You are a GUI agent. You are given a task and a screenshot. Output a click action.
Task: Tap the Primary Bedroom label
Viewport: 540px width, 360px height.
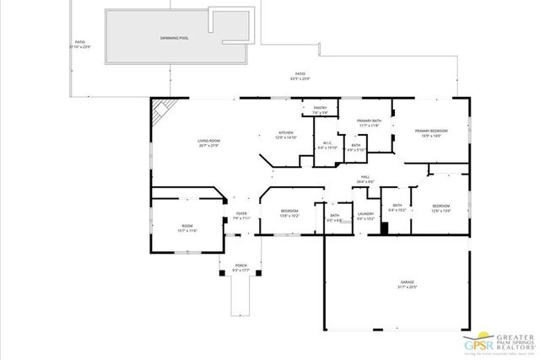pos(430,132)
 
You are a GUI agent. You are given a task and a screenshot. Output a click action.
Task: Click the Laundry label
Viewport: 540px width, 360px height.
pos(365,215)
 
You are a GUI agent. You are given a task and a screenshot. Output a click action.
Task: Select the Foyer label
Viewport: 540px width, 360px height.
pos(241,215)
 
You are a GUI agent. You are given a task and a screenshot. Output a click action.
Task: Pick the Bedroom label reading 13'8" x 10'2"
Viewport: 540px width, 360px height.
pos(289,212)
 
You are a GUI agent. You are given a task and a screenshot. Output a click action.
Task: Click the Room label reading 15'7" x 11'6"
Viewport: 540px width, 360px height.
pos(187,228)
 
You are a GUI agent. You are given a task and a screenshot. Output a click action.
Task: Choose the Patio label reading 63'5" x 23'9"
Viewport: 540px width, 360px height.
pos(300,75)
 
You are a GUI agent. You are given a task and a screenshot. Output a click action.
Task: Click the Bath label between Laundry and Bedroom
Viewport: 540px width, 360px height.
pos(397,207)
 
